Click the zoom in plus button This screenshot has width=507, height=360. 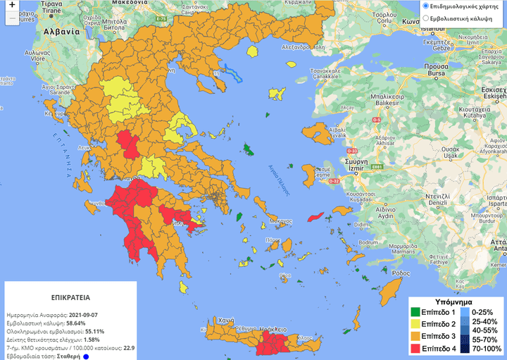11,12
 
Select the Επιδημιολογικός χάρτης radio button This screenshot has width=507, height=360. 425,6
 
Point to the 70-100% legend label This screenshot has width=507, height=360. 485,347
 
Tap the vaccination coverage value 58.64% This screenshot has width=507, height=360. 82,322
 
